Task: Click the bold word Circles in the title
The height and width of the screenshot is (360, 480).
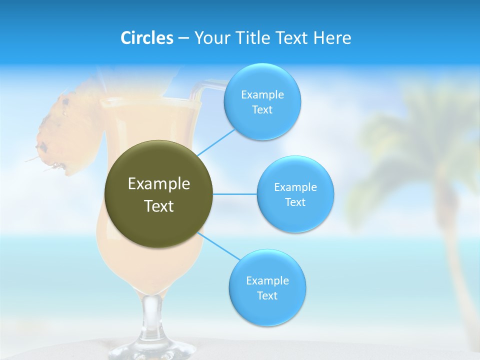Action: [x=147, y=38]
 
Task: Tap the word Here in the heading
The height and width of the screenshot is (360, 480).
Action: [x=332, y=38]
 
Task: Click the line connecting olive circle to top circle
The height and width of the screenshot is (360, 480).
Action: [x=216, y=142]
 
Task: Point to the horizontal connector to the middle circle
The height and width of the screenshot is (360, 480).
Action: [x=235, y=194]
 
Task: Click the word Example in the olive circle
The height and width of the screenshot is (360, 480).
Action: [x=159, y=184]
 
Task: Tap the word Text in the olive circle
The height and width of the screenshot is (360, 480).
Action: [x=159, y=206]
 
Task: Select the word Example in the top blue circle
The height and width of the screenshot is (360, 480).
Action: [x=262, y=95]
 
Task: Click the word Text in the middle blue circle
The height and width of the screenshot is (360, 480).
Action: [x=295, y=202]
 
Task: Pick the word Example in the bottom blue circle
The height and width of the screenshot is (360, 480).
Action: [x=267, y=281]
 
